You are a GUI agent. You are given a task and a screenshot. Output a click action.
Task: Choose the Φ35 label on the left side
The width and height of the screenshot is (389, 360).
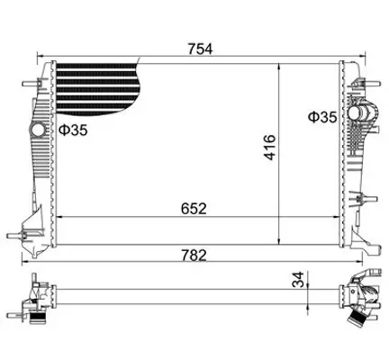(73, 131)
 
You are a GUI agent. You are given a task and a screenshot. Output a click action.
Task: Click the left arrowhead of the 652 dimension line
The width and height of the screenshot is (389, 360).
(59, 217)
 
